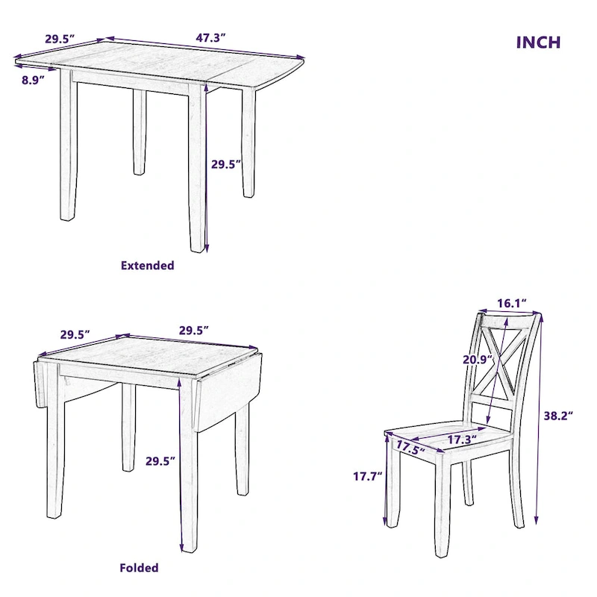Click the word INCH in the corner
(x=538, y=43)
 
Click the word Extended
(x=147, y=266)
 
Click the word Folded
(x=139, y=568)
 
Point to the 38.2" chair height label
(x=557, y=416)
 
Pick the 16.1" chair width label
(x=513, y=303)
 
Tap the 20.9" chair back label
(x=475, y=359)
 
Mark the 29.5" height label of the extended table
(x=226, y=164)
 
